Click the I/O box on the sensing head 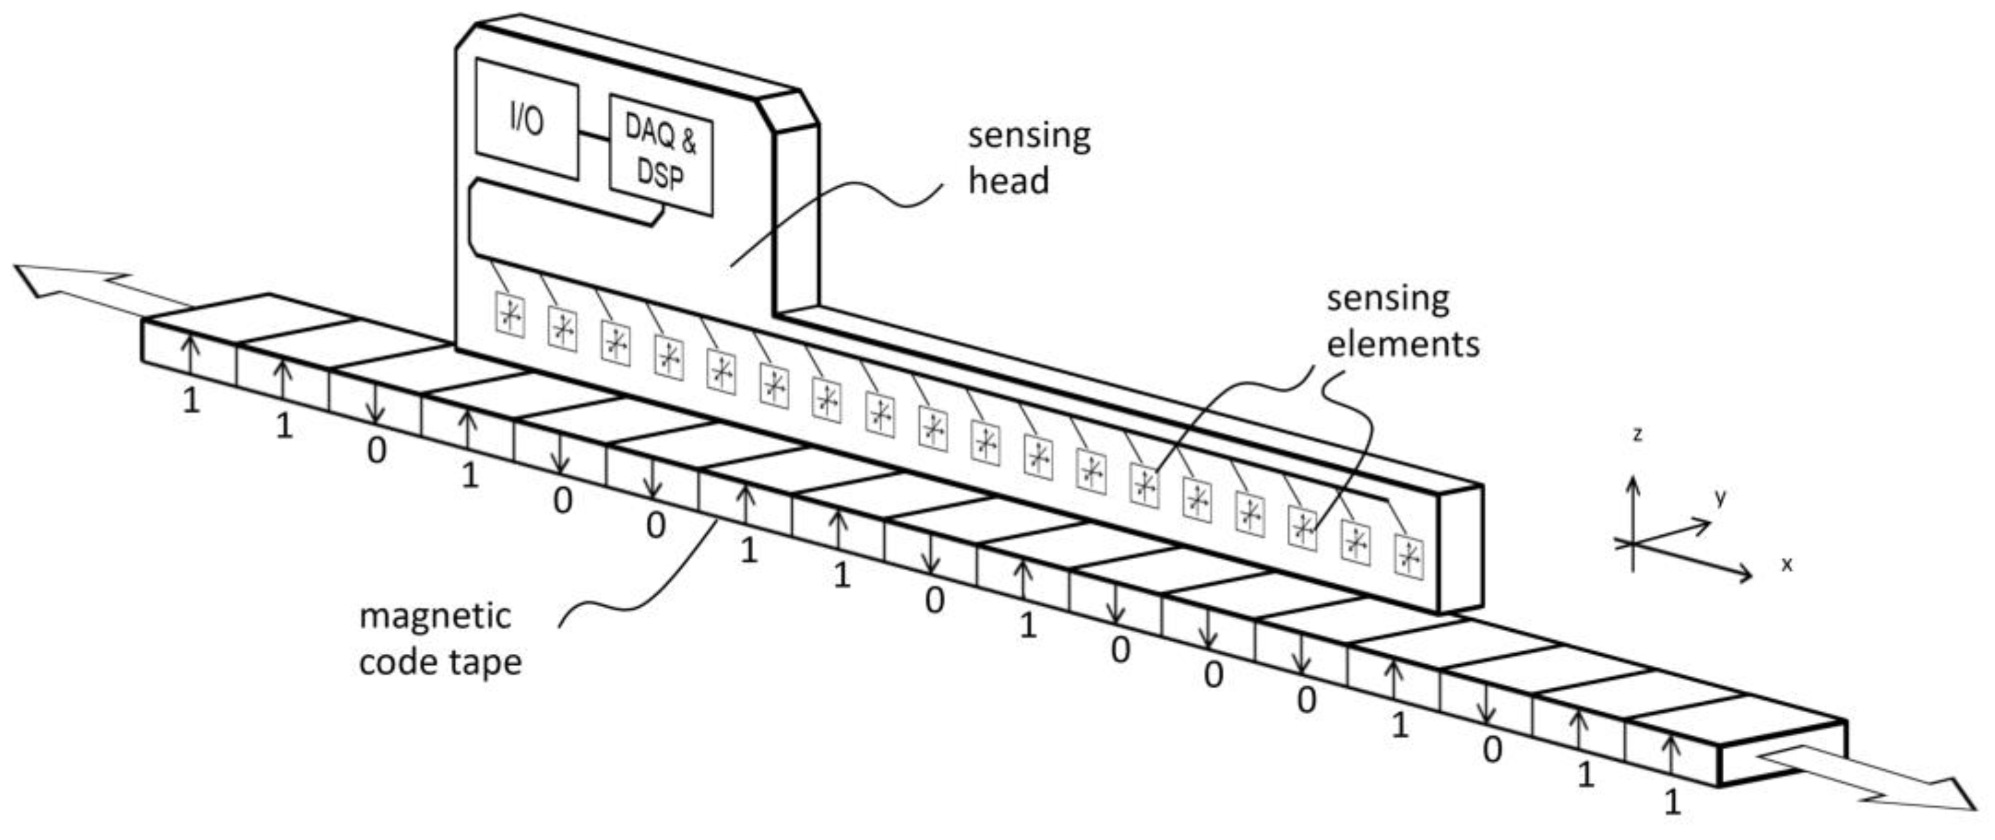(527, 120)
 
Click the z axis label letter (1637, 435)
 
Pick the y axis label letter (1720, 497)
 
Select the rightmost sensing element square (1408, 555)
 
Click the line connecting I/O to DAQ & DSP (594, 138)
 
